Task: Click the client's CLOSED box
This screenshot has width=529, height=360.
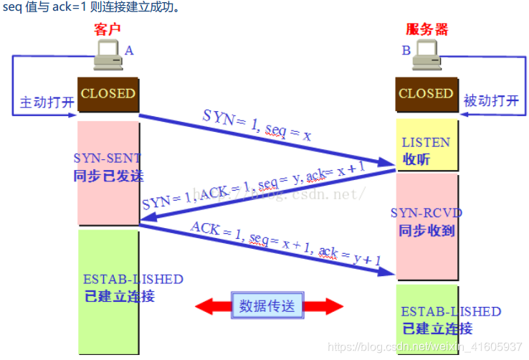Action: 108,94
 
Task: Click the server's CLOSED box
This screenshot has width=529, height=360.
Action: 426,94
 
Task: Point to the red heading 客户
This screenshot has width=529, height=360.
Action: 107,29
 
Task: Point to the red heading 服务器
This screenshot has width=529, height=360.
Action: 426,29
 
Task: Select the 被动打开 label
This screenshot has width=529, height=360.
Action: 491,101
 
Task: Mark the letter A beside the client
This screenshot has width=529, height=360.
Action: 129,51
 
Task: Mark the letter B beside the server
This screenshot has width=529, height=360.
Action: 406,50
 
